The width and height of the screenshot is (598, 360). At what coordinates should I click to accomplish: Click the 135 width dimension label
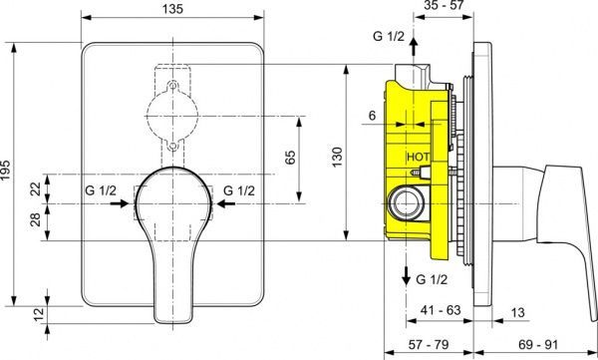point(172,8)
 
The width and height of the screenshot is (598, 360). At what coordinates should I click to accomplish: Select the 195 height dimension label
point(5,171)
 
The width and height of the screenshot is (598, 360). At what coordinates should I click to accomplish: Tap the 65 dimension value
point(290,158)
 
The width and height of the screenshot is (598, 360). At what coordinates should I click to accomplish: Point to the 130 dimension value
point(337,157)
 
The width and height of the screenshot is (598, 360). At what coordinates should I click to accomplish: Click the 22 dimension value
point(36,188)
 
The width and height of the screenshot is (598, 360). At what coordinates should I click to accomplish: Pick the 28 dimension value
point(36,220)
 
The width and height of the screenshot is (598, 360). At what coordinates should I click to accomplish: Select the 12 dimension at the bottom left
point(39,314)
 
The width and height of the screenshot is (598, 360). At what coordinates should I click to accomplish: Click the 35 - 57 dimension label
point(444,5)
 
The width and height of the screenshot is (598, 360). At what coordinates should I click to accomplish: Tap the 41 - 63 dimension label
point(441,309)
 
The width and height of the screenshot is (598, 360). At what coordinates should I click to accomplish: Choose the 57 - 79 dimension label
point(429,344)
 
